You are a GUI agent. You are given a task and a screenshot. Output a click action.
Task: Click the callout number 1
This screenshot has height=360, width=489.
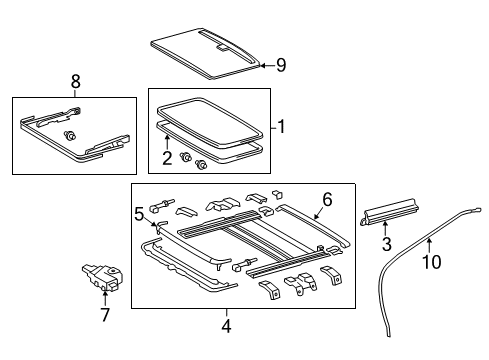(283, 127)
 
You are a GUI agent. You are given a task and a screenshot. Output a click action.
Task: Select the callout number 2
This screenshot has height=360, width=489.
(167, 157)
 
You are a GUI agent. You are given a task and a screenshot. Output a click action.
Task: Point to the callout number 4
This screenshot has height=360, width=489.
(226, 324)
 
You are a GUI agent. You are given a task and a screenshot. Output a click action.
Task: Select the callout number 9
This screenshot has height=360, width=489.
(281, 66)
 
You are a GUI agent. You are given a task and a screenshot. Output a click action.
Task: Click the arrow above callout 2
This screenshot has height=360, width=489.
(167, 143)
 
